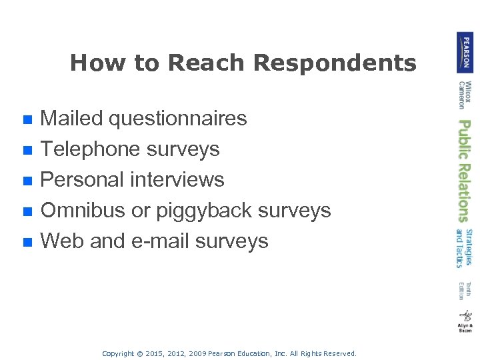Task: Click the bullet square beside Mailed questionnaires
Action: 27,120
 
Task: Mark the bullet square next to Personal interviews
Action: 27,181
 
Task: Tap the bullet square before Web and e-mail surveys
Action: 27,243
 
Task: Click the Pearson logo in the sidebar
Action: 465,52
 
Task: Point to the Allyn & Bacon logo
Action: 465,321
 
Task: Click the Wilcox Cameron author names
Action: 465,95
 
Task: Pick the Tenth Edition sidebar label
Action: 465,291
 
